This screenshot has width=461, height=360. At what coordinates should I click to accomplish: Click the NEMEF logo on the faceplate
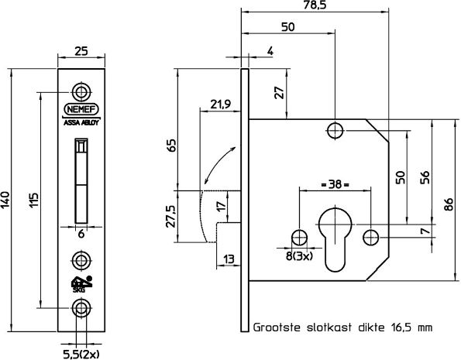click(x=81, y=108)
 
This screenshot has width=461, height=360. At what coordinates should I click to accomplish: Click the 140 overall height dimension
click(x=9, y=199)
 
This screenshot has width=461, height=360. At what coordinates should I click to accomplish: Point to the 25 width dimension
click(x=81, y=50)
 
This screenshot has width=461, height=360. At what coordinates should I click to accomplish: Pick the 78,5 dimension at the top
click(x=315, y=5)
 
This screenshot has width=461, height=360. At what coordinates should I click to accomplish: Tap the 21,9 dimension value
click(x=221, y=104)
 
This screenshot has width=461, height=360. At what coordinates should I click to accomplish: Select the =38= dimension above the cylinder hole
click(x=335, y=186)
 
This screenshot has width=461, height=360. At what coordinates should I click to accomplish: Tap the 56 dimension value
click(x=425, y=177)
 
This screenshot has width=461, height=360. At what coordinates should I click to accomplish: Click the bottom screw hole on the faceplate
click(x=81, y=307)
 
